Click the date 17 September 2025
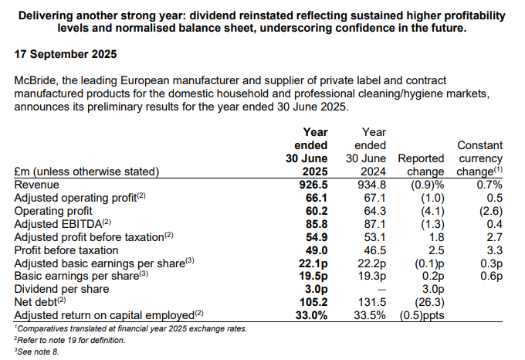64,55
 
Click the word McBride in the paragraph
36,80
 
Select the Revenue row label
38,185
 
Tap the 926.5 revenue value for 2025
313,185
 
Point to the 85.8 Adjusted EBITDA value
317,224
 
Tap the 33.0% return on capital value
311,316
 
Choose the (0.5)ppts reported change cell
421,316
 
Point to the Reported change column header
420,165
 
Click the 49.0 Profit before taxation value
317,250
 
